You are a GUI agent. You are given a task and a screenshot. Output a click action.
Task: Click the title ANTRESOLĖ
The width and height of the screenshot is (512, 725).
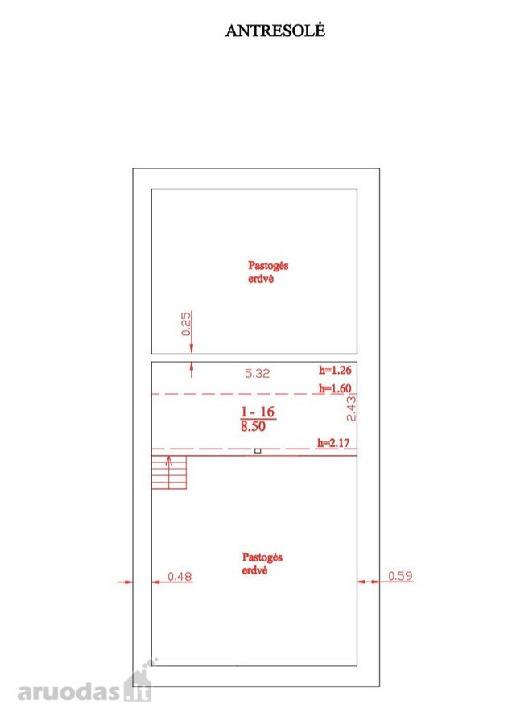(275, 31)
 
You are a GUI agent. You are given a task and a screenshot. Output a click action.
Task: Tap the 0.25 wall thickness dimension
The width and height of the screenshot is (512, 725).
(186, 324)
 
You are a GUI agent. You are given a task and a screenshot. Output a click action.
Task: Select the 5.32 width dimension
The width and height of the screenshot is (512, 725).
(257, 373)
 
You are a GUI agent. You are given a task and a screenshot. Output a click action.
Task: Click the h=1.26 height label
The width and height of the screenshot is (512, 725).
(335, 370)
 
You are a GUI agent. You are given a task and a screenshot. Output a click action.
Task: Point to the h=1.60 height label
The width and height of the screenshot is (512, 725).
(335, 388)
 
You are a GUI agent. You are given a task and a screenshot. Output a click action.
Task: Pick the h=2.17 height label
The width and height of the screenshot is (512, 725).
(333, 443)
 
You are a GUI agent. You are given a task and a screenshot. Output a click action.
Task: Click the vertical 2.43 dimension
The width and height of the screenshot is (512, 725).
(351, 408)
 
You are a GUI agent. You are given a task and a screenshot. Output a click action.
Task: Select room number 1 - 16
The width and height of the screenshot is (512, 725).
(258, 412)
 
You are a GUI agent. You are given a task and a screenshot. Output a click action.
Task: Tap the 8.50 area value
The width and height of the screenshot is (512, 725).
(253, 426)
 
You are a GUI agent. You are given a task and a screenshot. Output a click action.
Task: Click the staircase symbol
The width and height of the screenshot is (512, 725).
(169, 473)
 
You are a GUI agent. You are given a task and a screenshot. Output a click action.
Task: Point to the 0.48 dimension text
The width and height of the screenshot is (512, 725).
(180, 577)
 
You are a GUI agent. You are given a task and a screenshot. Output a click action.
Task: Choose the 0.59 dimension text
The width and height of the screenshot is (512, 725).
(400, 576)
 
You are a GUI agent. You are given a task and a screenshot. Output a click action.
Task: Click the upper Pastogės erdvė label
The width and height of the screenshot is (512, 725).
(268, 272)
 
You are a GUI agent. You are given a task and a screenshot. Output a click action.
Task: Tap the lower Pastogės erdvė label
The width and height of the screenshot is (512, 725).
(262, 564)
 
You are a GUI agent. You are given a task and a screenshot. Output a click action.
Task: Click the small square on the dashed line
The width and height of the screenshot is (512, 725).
(258, 451)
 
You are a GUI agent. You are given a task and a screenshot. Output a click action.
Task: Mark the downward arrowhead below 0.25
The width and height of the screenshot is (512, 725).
(192, 349)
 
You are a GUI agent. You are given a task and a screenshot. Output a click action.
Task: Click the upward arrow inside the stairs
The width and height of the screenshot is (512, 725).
(169, 472)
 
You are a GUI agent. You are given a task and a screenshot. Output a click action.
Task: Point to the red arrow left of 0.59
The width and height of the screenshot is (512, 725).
(368, 582)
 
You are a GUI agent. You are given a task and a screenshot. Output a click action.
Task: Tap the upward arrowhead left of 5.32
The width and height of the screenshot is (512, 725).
(192, 367)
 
